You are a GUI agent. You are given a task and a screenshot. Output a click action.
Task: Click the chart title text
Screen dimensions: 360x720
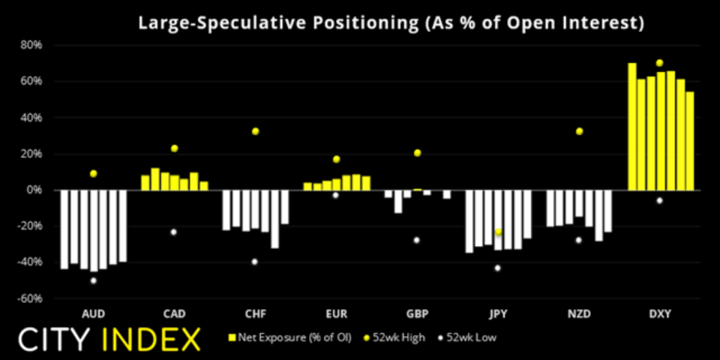point(390,22)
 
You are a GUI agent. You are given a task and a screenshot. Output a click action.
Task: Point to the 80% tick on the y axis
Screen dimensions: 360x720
point(32,45)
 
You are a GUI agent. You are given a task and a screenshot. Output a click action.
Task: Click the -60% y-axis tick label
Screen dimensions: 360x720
point(31,298)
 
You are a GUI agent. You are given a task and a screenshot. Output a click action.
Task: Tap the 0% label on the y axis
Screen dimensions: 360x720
point(35,190)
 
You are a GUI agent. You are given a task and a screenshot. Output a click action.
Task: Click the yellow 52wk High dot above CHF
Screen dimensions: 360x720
point(255,131)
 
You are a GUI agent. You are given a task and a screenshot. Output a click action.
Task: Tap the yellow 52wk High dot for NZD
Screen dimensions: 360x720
point(579,131)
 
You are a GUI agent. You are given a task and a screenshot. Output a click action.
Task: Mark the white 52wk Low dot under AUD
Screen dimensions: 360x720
point(93,280)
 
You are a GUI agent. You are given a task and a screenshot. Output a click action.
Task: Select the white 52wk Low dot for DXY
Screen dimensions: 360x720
point(660,200)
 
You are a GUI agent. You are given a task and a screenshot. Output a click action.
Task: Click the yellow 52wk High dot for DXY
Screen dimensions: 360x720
point(660,63)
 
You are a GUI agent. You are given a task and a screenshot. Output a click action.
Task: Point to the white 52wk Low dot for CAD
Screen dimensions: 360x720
point(174,232)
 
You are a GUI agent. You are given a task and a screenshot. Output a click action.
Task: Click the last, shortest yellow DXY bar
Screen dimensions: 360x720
point(690,141)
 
